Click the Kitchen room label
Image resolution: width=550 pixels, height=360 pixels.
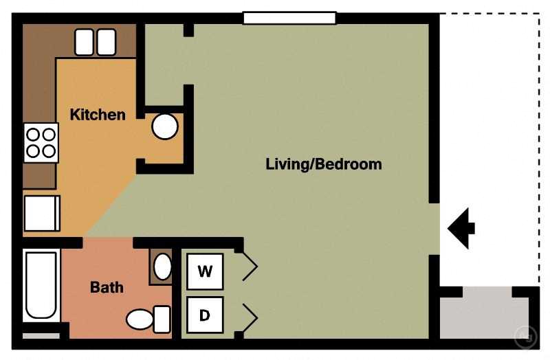coord(98,115)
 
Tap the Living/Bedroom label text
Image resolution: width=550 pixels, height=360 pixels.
coord(323,165)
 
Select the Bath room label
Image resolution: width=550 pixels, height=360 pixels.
coord(107,287)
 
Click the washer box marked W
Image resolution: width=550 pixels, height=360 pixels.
coord(205,271)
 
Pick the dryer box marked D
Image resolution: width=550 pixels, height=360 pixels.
coord(205,315)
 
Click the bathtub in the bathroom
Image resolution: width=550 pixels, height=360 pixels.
coord(41,286)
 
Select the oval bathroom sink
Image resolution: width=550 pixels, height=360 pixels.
coord(162,267)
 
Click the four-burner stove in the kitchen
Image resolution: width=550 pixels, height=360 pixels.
coord(41,143)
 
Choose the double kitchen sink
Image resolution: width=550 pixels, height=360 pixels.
coord(95,42)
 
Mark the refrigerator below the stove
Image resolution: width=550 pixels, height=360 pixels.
coord(42,213)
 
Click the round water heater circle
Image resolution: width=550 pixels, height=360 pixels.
coord(165,126)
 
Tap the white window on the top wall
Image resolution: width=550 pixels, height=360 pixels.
coord(289,18)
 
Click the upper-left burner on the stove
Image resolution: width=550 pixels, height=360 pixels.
coord(32,135)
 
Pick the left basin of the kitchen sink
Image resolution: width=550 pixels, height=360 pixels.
coord(85,42)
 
